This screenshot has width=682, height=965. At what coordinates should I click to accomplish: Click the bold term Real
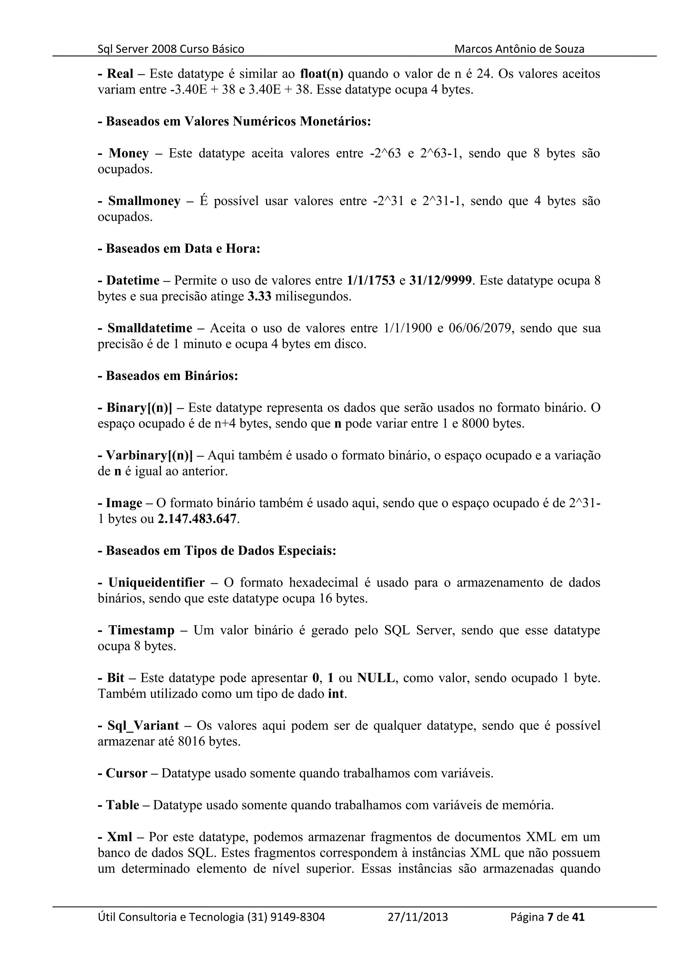[120, 74]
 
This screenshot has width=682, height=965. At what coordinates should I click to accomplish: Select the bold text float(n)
[321, 74]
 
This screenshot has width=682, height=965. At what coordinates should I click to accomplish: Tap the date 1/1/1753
[371, 280]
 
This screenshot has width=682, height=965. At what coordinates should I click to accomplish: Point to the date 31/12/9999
[440, 280]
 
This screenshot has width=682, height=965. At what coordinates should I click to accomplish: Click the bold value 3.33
[259, 296]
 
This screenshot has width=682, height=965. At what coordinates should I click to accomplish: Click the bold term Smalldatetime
[150, 328]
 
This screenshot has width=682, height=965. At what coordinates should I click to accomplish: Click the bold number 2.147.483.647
[197, 519]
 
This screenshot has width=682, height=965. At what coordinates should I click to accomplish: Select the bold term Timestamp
[142, 630]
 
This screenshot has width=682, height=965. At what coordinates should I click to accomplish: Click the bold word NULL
[376, 678]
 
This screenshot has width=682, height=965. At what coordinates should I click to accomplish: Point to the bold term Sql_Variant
[143, 726]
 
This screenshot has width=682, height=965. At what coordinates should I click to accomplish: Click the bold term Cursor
[127, 773]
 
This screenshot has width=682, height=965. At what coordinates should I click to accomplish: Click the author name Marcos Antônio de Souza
[519, 49]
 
